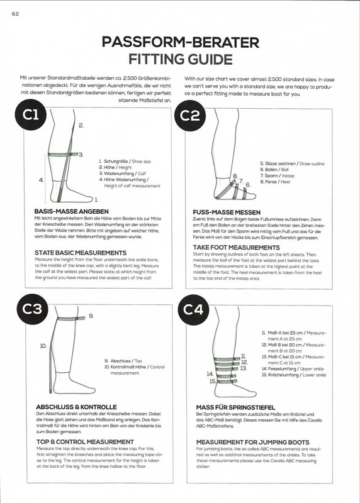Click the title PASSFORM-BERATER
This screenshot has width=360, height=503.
click(x=180, y=43)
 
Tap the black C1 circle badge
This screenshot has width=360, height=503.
click(x=31, y=115)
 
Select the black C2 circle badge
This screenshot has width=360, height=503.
click(x=190, y=115)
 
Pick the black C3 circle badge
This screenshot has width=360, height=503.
click(x=31, y=309)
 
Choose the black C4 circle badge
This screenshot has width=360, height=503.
click(x=190, y=309)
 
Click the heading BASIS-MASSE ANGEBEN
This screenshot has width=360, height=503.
click(x=72, y=211)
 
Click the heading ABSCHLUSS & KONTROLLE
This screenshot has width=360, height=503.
click(x=76, y=406)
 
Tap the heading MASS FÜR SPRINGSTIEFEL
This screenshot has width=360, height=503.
click(x=236, y=407)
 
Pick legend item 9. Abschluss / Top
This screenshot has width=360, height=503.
click(x=125, y=360)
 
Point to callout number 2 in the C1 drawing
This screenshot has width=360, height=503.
click(x=81, y=126)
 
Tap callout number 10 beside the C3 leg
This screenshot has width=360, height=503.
click(x=43, y=346)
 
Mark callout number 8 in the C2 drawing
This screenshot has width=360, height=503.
click(x=235, y=176)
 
